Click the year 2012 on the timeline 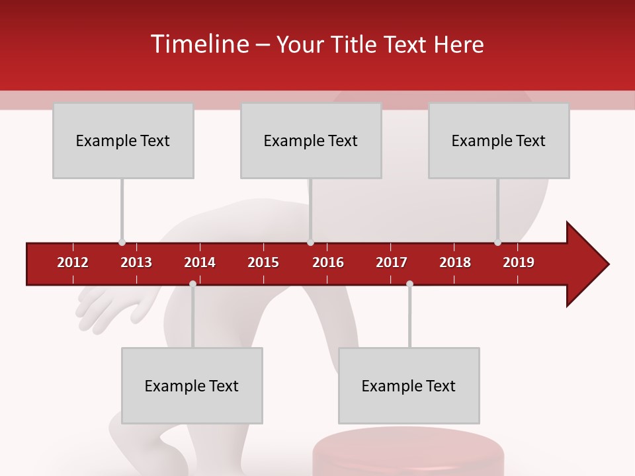click(x=73, y=262)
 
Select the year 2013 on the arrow click(x=136, y=262)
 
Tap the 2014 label click(x=200, y=262)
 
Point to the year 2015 click(x=263, y=262)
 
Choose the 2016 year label click(x=328, y=262)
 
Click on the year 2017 click(x=392, y=262)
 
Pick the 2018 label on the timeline click(x=455, y=262)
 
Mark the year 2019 click(x=519, y=262)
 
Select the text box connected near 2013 click(x=123, y=141)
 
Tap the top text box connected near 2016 click(x=311, y=141)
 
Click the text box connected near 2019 click(x=499, y=141)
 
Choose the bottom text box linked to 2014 click(x=192, y=386)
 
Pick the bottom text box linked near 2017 click(x=409, y=386)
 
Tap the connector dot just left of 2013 click(x=122, y=242)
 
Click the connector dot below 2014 click(x=192, y=284)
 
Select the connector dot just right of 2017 click(x=409, y=284)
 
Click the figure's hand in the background click(x=106, y=307)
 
